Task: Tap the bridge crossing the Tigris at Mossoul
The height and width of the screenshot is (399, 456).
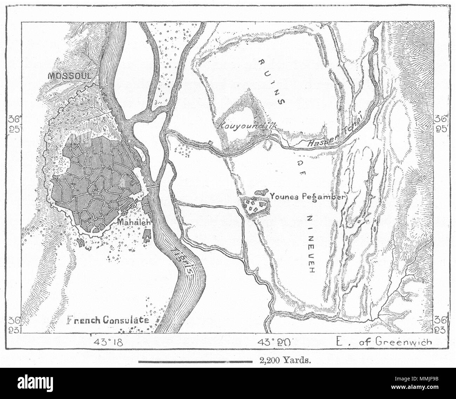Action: (153, 187)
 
